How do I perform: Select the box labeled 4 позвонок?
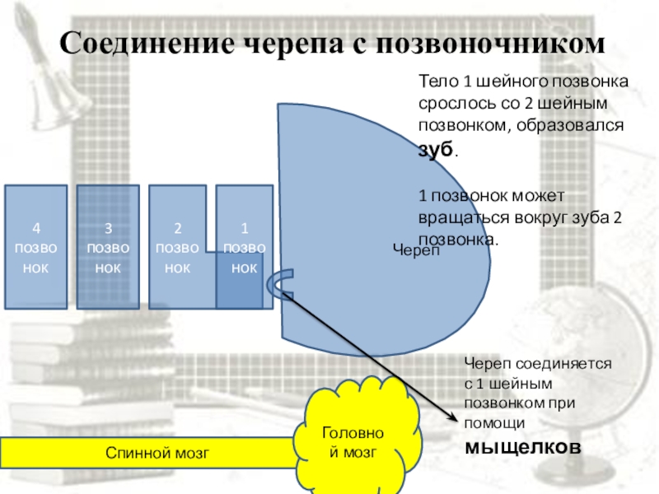[35, 247]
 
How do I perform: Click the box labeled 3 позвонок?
[106, 247]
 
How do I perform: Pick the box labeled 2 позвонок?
[176, 247]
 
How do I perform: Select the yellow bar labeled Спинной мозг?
[157, 452]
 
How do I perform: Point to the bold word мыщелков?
[523, 447]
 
